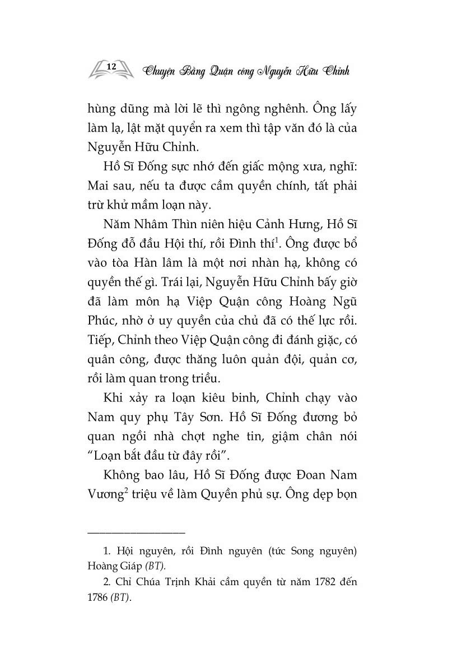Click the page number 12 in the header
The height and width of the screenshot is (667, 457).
(111, 67)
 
